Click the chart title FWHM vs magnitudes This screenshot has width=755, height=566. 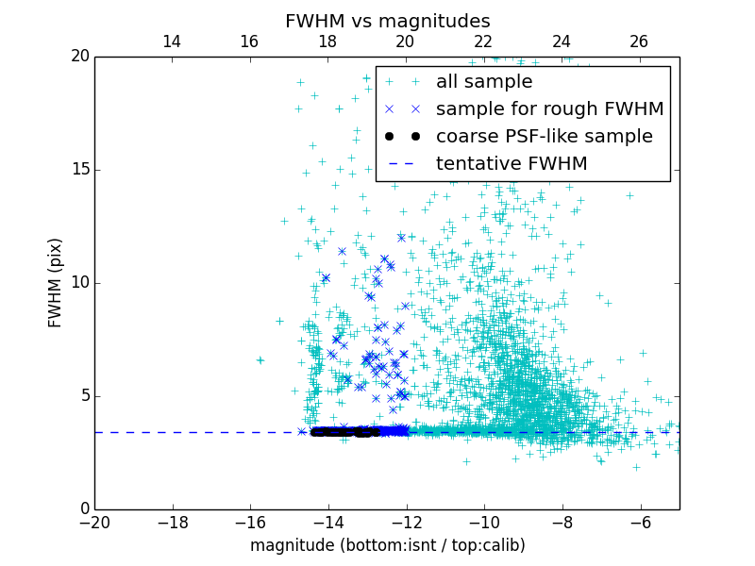click(x=387, y=21)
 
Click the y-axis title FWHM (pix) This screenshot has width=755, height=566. click(x=56, y=282)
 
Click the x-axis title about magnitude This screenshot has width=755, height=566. click(x=387, y=545)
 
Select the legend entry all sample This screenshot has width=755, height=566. click(x=484, y=82)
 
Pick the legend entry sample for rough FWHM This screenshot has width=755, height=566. click(x=549, y=109)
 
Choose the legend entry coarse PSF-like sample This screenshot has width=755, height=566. click(x=544, y=137)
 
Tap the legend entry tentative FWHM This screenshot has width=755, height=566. click(x=512, y=164)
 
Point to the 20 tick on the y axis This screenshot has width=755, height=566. click(x=78, y=57)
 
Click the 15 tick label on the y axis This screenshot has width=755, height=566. click(x=78, y=170)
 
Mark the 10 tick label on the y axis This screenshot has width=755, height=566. click(x=78, y=283)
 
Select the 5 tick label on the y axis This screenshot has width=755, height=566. click(x=83, y=396)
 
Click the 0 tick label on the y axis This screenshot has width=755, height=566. click(x=83, y=509)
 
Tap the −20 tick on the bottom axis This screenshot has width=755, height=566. click(x=94, y=523)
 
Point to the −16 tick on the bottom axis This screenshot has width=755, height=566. click(x=250, y=523)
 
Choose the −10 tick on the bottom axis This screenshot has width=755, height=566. click(x=484, y=523)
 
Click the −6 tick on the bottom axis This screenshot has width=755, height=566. click(x=640, y=523)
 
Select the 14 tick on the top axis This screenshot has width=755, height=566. click(x=172, y=42)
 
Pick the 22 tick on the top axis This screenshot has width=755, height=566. click(x=483, y=42)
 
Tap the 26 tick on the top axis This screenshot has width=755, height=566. click(x=639, y=42)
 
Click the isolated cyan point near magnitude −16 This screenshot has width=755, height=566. click(x=260, y=359)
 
